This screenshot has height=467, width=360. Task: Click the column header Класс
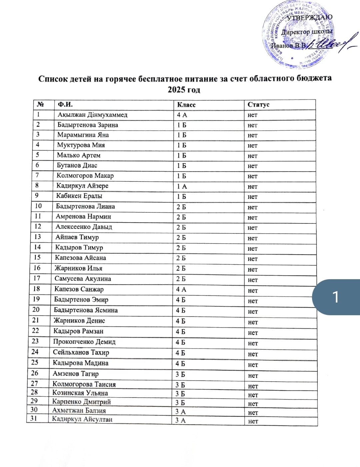[x=186, y=105]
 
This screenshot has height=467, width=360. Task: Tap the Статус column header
[x=258, y=105]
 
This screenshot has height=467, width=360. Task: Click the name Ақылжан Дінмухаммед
[x=92, y=115]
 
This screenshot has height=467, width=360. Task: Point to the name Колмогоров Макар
[x=85, y=175]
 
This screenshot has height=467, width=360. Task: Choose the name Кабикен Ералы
[x=79, y=196]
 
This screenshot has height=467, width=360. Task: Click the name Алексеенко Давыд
[x=84, y=227]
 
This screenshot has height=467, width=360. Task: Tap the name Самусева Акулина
[x=83, y=279]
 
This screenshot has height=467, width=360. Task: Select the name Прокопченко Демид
[x=84, y=342]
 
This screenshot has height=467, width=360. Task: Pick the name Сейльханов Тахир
[x=81, y=352]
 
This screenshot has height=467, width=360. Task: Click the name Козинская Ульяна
[x=80, y=393]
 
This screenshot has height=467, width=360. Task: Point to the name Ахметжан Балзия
[x=79, y=411]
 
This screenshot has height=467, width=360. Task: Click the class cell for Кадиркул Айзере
[x=182, y=186]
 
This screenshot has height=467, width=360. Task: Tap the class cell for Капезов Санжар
[x=181, y=290]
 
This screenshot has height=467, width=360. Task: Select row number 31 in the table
[x=34, y=418]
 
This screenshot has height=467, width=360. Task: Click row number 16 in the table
[x=37, y=268]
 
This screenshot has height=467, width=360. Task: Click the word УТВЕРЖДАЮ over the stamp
[x=309, y=17]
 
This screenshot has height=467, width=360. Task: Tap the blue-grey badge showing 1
[x=336, y=297]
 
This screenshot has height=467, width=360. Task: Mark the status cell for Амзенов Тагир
[x=253, y=376]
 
